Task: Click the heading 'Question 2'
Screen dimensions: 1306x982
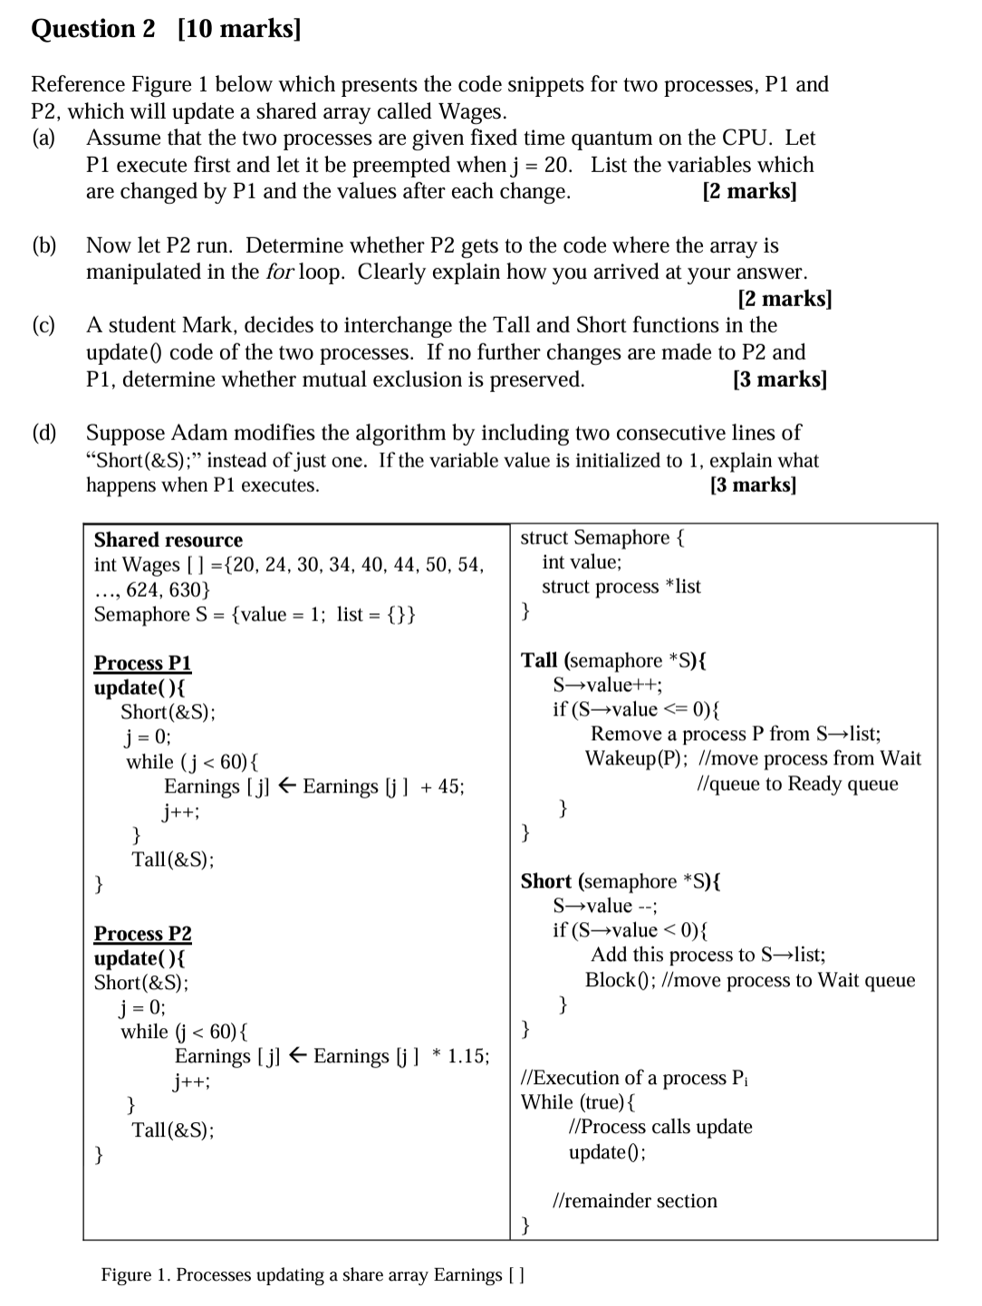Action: [x=93, y=29]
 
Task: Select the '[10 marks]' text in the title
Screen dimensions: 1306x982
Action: [x=239, y=29]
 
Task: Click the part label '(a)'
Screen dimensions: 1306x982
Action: [x=43, y=139]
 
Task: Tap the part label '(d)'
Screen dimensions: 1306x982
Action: [x=44, y=433]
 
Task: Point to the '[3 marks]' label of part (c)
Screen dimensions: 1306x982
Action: [x=779, y=379]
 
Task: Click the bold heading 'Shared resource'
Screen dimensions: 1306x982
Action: [x=168, y=540]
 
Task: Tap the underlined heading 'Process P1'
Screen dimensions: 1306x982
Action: [x=142, y=663]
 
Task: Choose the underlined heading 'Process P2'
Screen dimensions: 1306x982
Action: [x=142, y=933]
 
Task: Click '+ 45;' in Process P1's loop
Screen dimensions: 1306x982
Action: [x=442, y=786]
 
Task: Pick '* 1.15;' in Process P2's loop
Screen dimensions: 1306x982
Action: [x=461, y=1056]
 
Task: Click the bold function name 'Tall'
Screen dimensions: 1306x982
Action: [x=540, y=660]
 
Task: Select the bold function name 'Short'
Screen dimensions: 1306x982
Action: [x=545, y=881]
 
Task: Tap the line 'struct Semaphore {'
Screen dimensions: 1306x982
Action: [x=602, y=538]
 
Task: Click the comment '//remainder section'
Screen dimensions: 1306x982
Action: [x=634, y=1201]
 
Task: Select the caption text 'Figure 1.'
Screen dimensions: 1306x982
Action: [x=135, y=1275]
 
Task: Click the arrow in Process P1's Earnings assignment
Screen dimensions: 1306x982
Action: [x=286, y=786]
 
